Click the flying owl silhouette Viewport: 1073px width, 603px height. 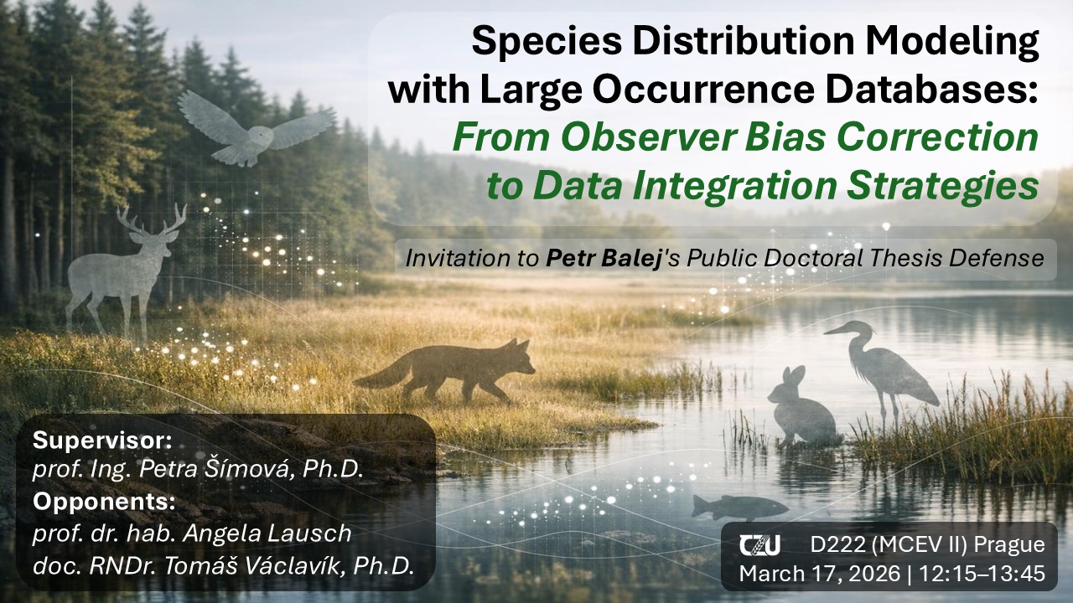pyautogui.click(x=254, y=131)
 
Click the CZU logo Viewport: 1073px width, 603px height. pyautogui.click(x=759, y=545)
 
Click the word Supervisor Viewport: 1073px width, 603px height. pyautogui.click(x=102, y=441)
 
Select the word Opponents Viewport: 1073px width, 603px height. pyautogui.click(x=104, y=502)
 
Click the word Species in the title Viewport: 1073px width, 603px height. pyautogui.click(x=547, y=42)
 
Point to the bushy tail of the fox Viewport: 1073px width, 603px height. pyautogui.click(x=378, y=377)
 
